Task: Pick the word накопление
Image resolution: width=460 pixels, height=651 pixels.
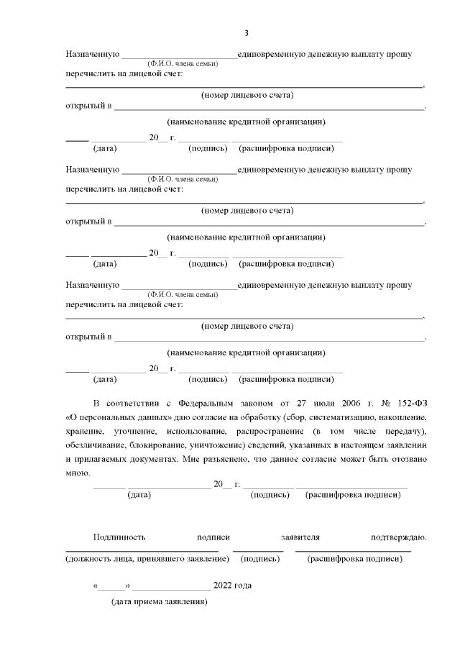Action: pyautogui.click(x=403, y=416)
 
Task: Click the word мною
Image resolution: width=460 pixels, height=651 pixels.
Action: pyautogui.click(x=77, y=473)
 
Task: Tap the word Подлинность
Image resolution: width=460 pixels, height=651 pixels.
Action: pyautogui.click(x=119, y=537)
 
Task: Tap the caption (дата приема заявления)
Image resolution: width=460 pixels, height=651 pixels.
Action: pyautogui.click(x=159, y=601)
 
